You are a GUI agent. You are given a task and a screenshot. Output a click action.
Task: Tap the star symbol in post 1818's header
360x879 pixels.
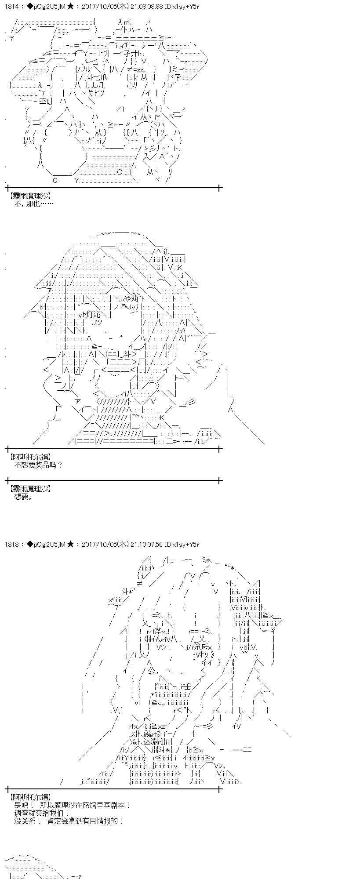click(x=70, y=544)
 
